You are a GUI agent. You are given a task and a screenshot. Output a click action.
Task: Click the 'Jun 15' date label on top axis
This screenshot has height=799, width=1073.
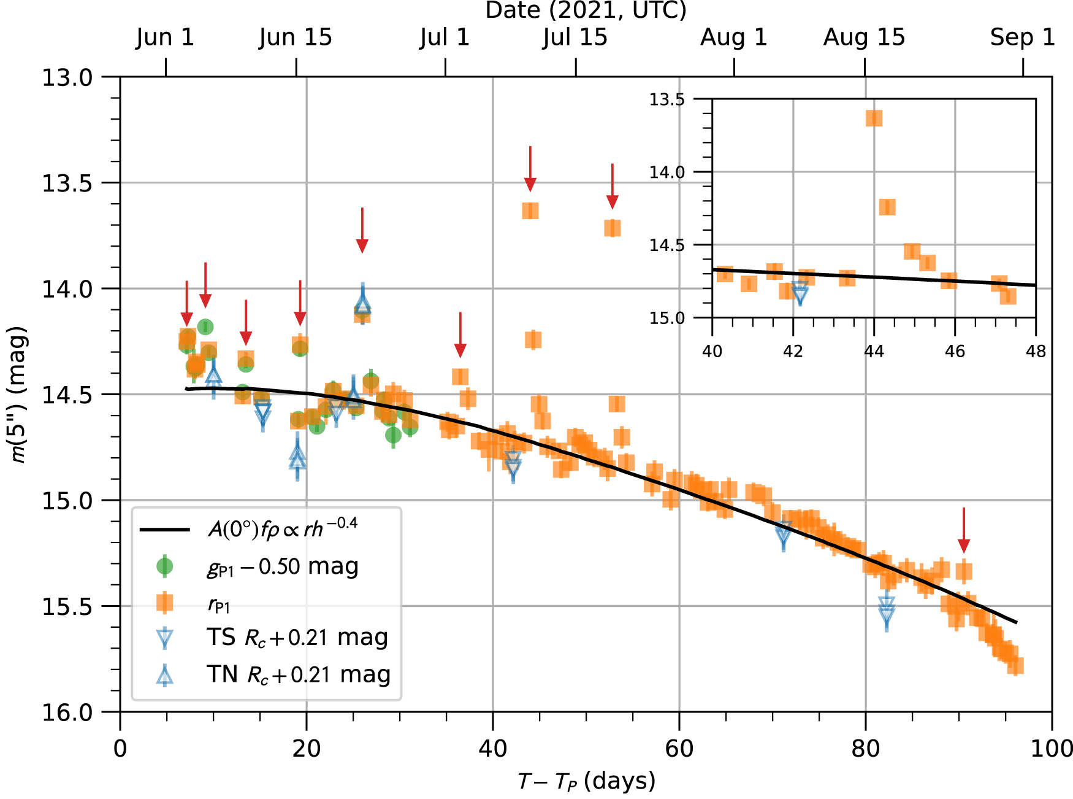click(295, 37)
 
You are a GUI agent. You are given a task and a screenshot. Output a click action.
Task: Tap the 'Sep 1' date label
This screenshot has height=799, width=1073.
click(1022, 37)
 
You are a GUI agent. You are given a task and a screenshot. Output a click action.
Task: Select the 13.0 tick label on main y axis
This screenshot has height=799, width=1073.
click(66, 78)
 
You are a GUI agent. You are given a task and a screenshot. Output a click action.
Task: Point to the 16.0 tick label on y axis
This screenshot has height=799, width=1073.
click(66, 712)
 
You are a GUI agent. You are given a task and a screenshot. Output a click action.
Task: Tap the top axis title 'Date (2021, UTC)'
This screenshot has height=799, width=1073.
click(586, 10)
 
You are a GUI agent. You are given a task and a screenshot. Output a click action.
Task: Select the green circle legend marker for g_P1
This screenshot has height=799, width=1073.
click(164, 566)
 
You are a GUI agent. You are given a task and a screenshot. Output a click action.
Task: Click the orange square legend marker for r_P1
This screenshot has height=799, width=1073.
click(164, 603)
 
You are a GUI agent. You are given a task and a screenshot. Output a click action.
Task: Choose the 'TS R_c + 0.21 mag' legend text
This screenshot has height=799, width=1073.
click(297, 638)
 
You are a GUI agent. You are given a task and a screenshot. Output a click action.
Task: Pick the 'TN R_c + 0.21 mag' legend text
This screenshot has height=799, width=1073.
click(299, 674)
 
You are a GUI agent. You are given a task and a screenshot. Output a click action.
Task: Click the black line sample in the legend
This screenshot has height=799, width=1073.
click(164, 530)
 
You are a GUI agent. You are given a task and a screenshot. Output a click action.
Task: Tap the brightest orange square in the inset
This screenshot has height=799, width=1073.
click(874, 118)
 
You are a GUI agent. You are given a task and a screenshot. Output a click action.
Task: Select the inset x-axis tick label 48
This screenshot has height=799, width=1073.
click(1036, 352)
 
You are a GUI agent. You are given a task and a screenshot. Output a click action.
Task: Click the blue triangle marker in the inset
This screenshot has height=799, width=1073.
click(800, 293)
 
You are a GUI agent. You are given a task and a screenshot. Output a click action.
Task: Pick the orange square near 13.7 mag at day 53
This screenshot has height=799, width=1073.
click(612, 228)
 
